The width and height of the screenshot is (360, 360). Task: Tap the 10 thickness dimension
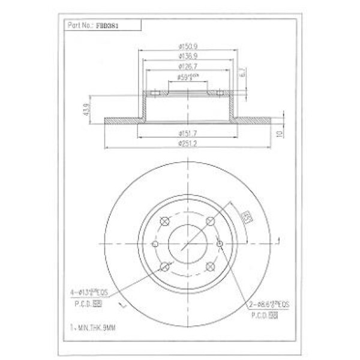pyautogui.click(x=279, y=133)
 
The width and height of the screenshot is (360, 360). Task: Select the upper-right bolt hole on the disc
pyautogui.click(x=210, y=221)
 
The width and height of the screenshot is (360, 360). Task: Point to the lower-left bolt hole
pyautogui.click(x=165, y=266)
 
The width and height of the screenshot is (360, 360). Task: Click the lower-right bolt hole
pyautogui.click(x=210, y=266)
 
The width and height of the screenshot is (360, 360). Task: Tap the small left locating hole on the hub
pyautogui.click(x=155, y=244)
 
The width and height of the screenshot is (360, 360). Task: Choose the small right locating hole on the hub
pyautogui.click(x=220, y=244)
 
